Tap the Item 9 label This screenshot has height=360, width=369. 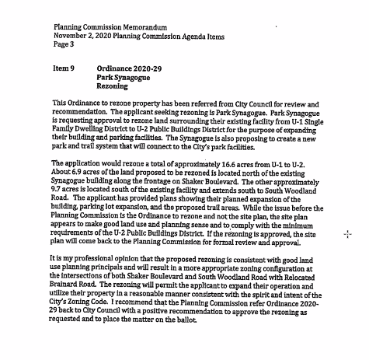click(64, 68)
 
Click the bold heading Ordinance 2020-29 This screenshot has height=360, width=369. click(128, 68)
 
